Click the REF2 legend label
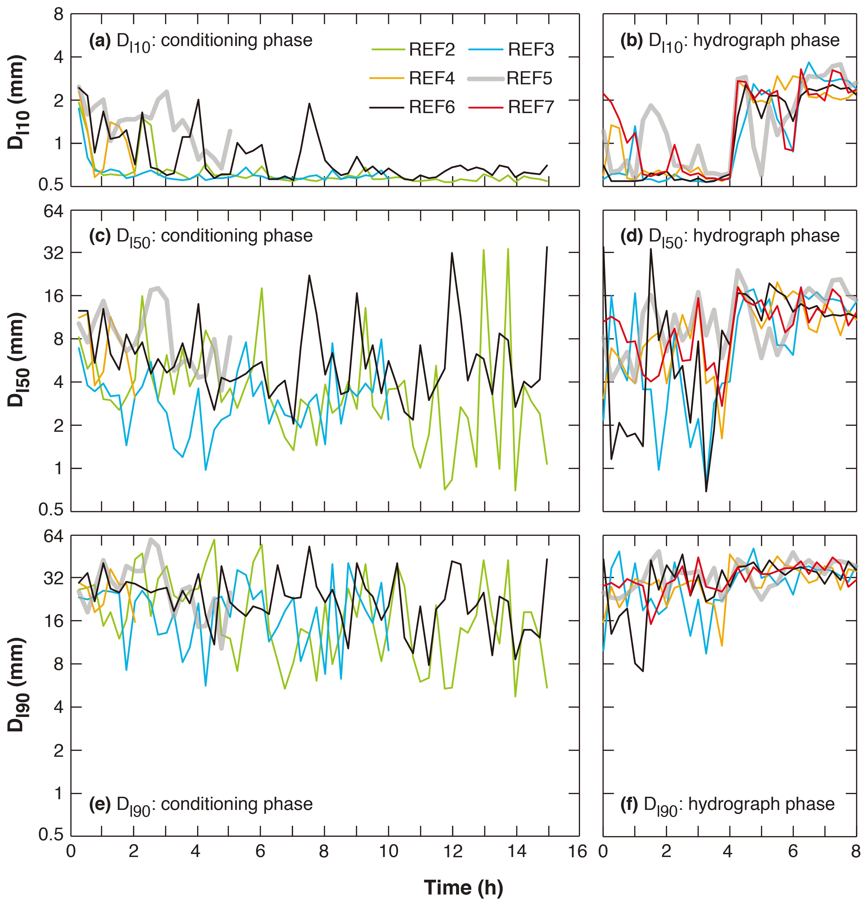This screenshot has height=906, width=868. pos(432,50)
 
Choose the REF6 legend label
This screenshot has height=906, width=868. pos(432,107)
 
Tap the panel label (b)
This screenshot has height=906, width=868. pos(631,41)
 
